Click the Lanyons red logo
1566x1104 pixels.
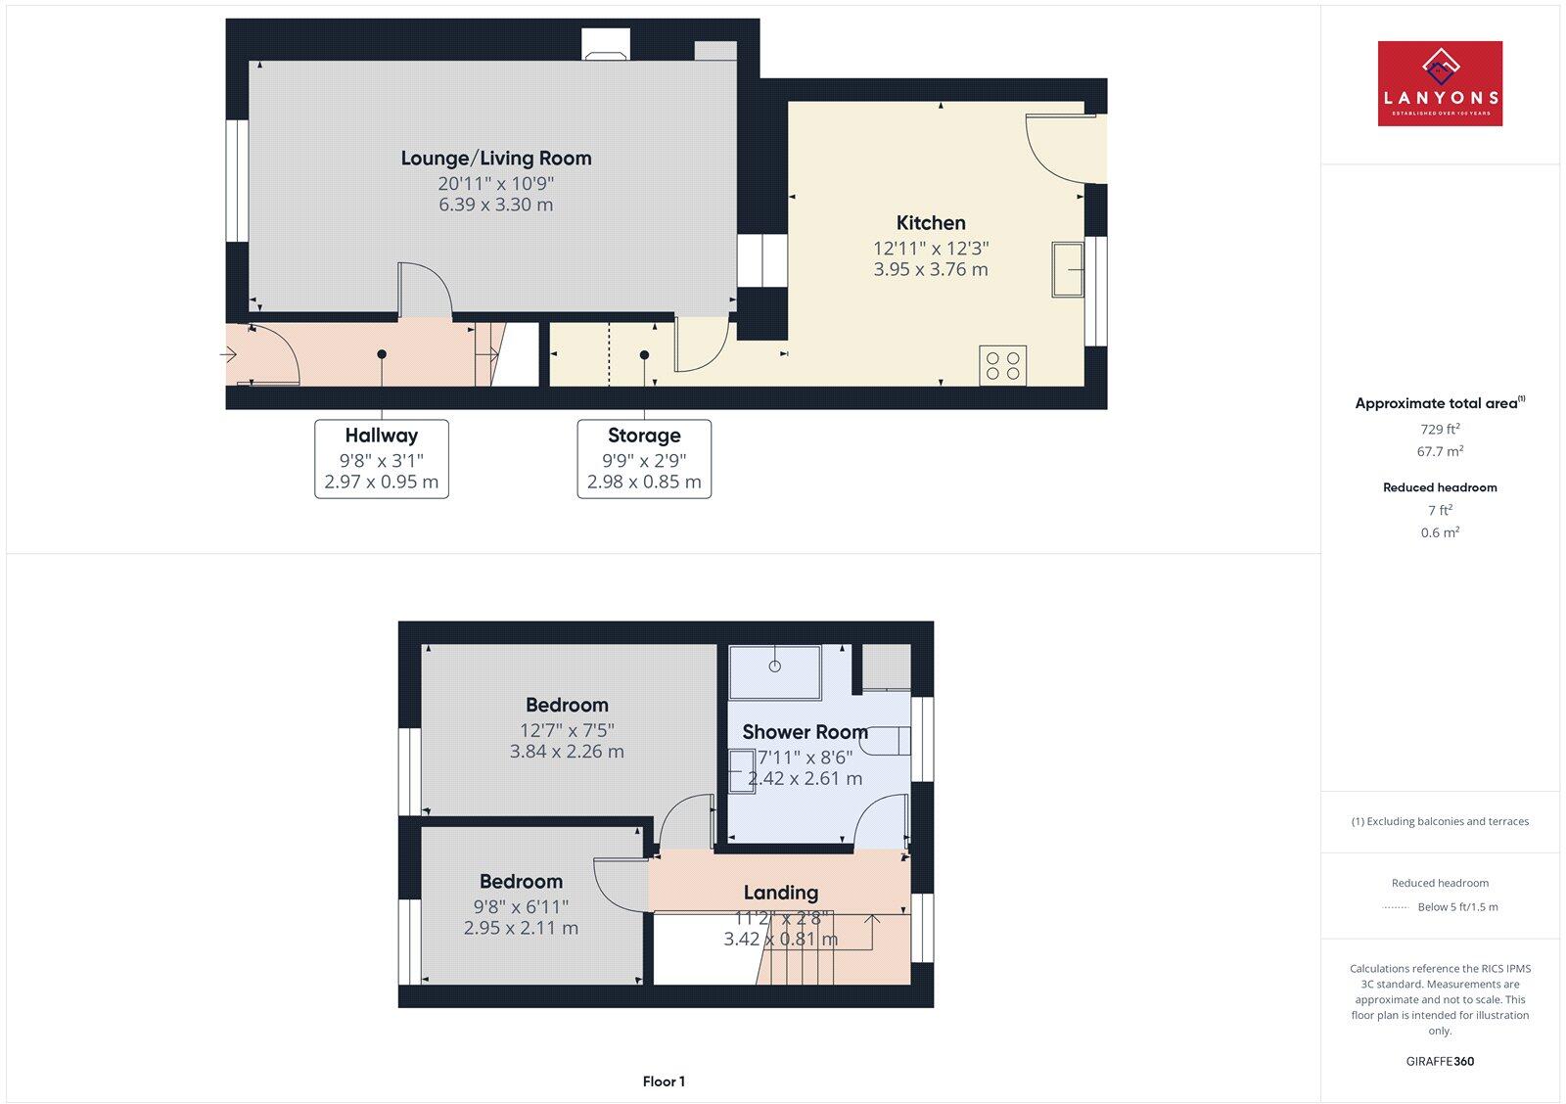click(x=1440, y=83)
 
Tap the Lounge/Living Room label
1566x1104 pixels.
click(x=496, y=159)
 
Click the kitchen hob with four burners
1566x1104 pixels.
click(x=1002, y=366)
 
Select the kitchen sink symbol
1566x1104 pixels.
click(x=1068, y=269)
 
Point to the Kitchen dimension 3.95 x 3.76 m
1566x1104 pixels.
click(x=931, y=269)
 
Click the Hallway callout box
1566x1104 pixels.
click(x=382, y=459)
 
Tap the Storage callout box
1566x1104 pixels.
click(x=644, y=459)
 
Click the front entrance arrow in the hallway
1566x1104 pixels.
click(x=228, y=354)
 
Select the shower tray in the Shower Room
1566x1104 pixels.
click(x=775, y=672)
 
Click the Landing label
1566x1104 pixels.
click(x=780, y=893)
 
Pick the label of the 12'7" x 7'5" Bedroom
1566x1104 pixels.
click(x=567, y=705)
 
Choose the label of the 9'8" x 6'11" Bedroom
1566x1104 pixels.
click(x=521, y=881)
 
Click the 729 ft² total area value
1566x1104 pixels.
click(x=1440, y=429)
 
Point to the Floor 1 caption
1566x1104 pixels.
click(x=664, y=1081)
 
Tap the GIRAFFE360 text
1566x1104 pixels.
click(x=1440, y=1061)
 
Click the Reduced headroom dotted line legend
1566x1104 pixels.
click(x=1395, y=907)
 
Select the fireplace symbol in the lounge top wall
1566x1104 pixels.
click(x=606, y=45)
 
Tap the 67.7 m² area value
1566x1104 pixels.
click(x=1440, y=451)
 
